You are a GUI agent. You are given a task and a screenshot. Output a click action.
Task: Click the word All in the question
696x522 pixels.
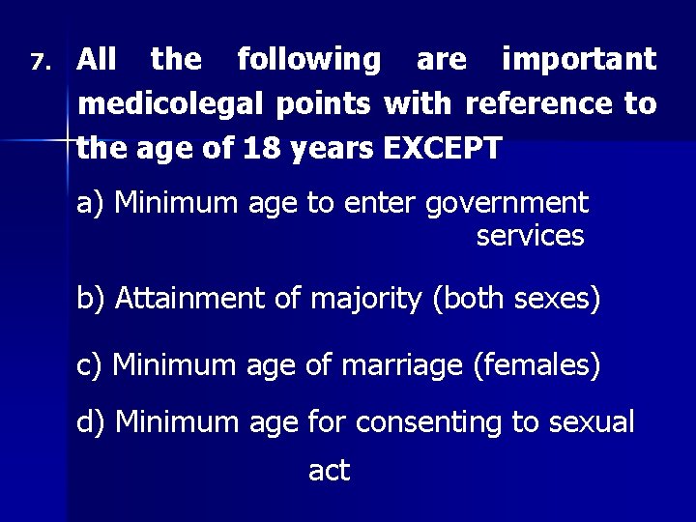coord(97,60)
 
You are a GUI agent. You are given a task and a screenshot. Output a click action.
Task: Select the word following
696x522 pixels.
coord(309,60)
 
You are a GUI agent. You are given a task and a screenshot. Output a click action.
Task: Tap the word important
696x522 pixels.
coord(579,60)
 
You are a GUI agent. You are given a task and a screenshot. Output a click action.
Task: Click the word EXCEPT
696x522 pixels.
coord(443,149)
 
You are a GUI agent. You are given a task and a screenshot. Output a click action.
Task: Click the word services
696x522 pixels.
coord(530,235)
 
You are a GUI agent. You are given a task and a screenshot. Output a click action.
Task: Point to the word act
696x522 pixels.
coord(329,471)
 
